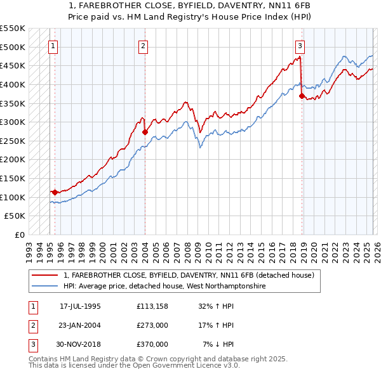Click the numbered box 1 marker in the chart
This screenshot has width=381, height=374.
tap(53, 46)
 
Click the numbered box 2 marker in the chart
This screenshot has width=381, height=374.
tap(144, 46)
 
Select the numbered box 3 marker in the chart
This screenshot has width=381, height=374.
tap(300, 46)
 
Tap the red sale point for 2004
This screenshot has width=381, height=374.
tap(145, 132)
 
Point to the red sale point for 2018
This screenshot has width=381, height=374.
tap(302, 96)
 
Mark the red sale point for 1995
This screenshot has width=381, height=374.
tap(55, 192)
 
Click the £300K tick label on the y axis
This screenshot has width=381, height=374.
tap(13, 122)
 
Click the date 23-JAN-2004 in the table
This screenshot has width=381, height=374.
tap(80, 325)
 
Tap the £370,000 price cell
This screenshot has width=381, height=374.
tap(152, 344)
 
